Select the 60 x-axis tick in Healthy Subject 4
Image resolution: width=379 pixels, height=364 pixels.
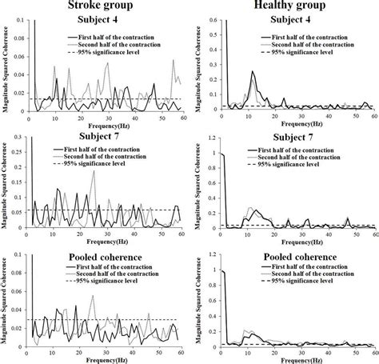pyautogui.click(x=375, y=117)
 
